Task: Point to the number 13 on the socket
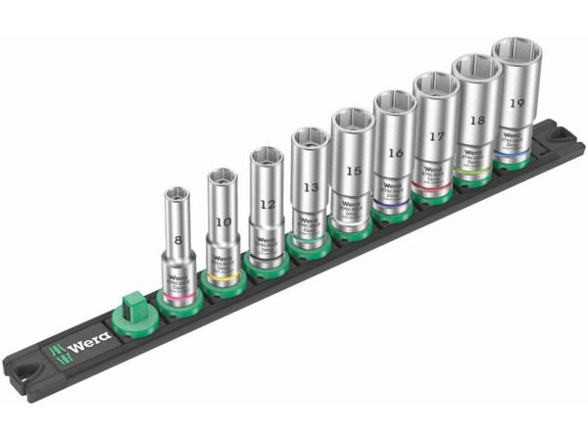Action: click(x=310, y=186)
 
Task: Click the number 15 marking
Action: click(x=352, y=171)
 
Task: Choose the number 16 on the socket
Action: click(x=395, y=153)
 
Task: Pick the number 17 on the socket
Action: click(x=436, y=139)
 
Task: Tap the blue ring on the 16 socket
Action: click(x=393, y=205)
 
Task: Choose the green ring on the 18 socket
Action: click(x=475, y=172)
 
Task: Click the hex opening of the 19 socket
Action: click(x=516, y=54)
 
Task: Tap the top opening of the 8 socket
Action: click(x=176, y=196)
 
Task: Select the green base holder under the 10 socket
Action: click(x=224, y=285)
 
